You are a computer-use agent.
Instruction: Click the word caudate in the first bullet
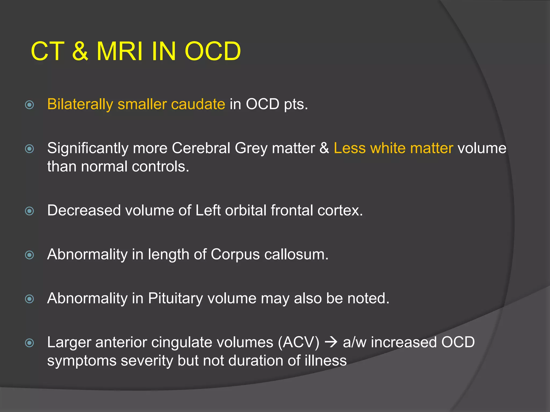coord(198,104)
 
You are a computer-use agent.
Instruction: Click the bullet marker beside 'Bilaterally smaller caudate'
coord(29,105)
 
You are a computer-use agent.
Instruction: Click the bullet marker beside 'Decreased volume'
coord(29,211)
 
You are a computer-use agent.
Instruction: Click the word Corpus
coord(235,255)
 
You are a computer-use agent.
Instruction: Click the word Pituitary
coord(175,299)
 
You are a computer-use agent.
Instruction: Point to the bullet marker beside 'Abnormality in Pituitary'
coord(29,299)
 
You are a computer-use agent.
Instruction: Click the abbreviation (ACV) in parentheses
coord(299,343)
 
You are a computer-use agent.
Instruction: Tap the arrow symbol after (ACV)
coord(331,343)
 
